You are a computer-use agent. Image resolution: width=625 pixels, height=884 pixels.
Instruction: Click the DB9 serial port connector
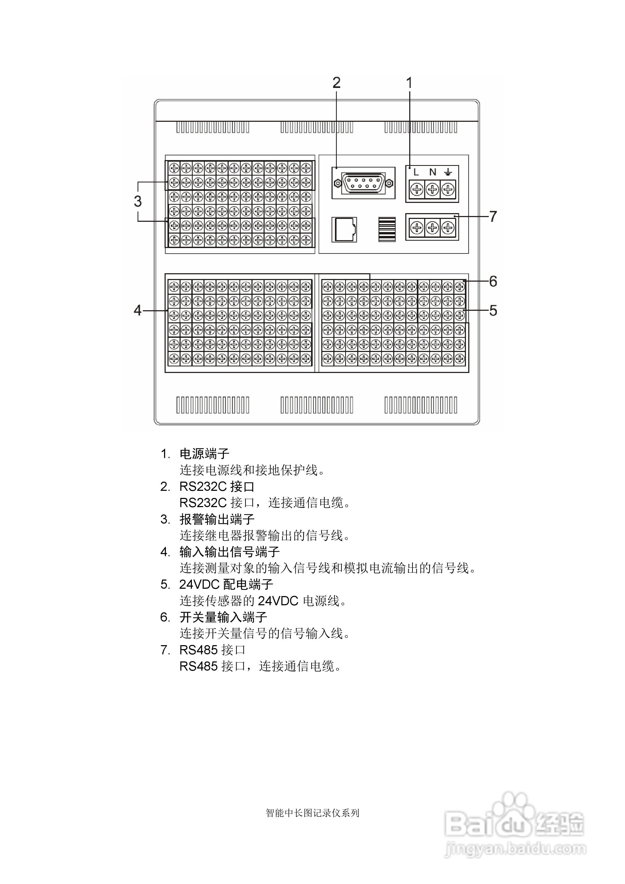point(363,183)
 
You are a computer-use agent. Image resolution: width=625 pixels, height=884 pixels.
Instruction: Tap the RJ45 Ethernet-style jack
point(344,230)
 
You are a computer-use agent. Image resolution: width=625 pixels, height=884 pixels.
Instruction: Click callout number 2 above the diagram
point(336,83)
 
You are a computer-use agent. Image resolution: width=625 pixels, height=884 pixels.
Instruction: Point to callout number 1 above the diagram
point(409,83)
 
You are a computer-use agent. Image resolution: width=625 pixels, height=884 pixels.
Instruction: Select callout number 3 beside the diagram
point(138,201)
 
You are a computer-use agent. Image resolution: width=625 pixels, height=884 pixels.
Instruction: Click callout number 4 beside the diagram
point(138,310)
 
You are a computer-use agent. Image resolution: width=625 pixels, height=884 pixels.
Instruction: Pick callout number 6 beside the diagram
point(493,281)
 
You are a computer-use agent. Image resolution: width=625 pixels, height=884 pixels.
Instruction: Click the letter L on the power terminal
point(416,172)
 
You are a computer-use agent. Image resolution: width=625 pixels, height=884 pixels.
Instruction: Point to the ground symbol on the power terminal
point(448,172)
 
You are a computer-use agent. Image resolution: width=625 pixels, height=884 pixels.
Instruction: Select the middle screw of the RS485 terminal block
point(432,228)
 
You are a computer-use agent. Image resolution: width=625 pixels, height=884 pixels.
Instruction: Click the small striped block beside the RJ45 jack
point(387,229)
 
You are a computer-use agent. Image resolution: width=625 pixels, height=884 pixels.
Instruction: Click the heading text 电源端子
point(204,454)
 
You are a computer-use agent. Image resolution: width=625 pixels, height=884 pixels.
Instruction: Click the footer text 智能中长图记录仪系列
point(312,813)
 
